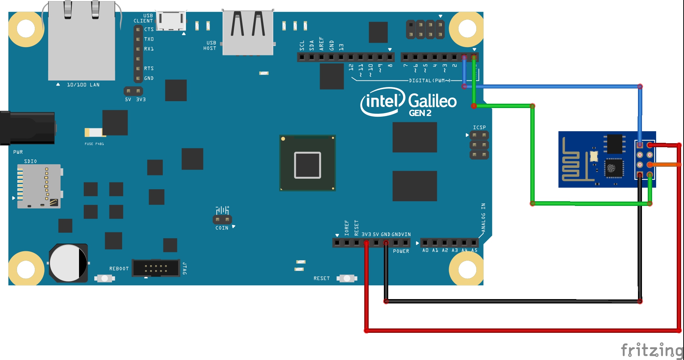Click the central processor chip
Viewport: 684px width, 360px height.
[307, 163]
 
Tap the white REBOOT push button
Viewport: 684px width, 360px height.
[104, 278]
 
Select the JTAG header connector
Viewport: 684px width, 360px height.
[156, 268]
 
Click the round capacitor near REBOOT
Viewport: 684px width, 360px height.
[68, 263]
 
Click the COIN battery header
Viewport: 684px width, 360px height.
[222, 220]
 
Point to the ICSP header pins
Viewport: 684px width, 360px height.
[479, 145]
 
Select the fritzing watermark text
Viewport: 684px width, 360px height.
[651, 350]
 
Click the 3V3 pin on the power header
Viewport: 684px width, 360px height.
[366, 243]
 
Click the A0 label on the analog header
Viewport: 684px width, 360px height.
[425, 251]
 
